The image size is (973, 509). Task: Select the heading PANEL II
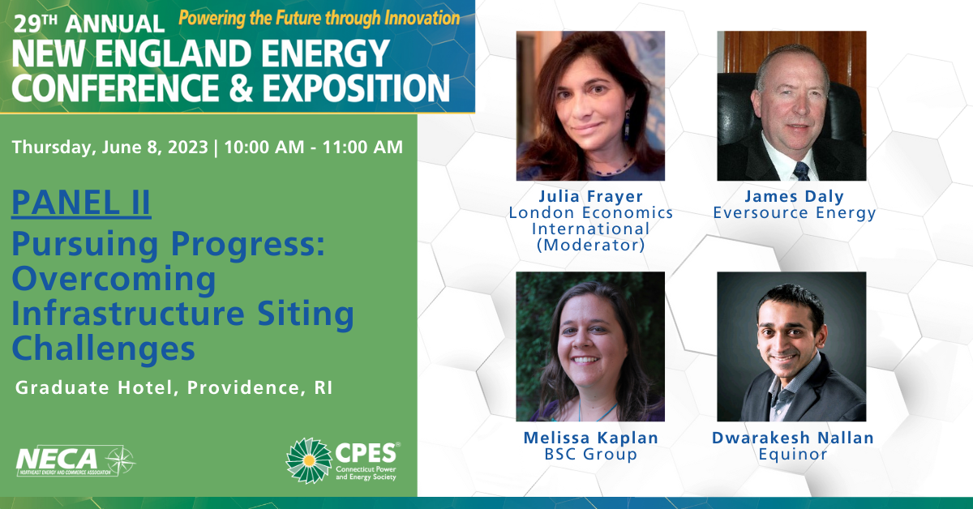[81, 203]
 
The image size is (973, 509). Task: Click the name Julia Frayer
[591, 196]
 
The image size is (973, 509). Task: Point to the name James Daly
[795, 196]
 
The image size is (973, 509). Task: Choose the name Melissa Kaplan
[591, 438]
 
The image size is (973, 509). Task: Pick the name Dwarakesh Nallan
[793, 438]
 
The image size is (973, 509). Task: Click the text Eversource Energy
[795, 213]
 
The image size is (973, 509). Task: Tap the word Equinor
[793, 454]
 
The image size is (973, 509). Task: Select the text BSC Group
[591, 454]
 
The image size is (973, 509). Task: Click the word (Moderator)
[591, 246]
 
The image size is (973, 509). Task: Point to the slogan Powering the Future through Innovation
[319, 19]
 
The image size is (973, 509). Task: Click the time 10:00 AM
[264, 147]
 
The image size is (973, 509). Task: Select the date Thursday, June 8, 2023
[110, 148]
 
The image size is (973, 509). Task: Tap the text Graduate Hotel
[94, 387]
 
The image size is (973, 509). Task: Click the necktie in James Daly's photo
[801, 171]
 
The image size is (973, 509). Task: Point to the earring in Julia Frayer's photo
[628, 126]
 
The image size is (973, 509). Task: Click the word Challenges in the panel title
[104, 349]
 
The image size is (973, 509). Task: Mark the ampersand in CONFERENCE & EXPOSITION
[240, 88]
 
